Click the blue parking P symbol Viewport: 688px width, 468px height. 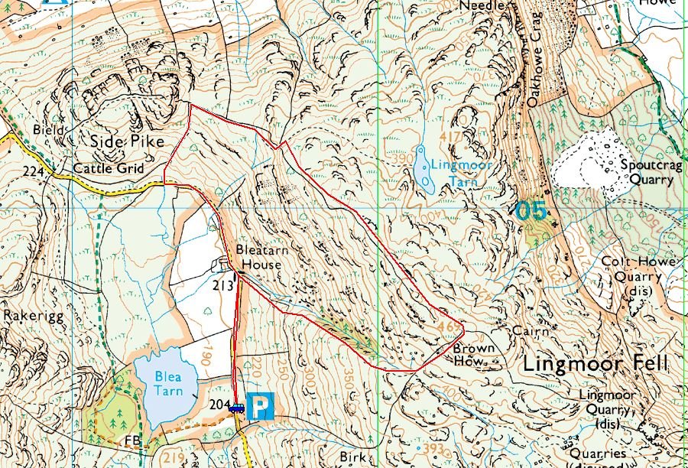pyautogui.click(x=262, y=406)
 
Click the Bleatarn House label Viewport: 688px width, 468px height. pyautogui.click(x=259, y=257)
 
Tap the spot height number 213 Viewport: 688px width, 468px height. pyautogui.click(x=222, y=285)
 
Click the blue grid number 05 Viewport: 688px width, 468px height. pyautogui.click(x=531, y=210)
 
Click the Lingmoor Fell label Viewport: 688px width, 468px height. pyautogui.click(x=595, y=364)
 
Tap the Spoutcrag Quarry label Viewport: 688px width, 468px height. pyautogui.click(x=647, y=172)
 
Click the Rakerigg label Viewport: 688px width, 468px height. pyautogui.click(x=26, y=314)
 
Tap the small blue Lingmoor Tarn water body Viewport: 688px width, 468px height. pyautogui.click(x=424, y=170)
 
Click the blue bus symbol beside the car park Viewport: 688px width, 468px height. pyautogui.click(x=236, y=408)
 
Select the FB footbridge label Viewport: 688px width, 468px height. pyautogui.click(x=130, y=441)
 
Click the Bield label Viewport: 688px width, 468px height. pyautogui.click(x=48, y=131)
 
